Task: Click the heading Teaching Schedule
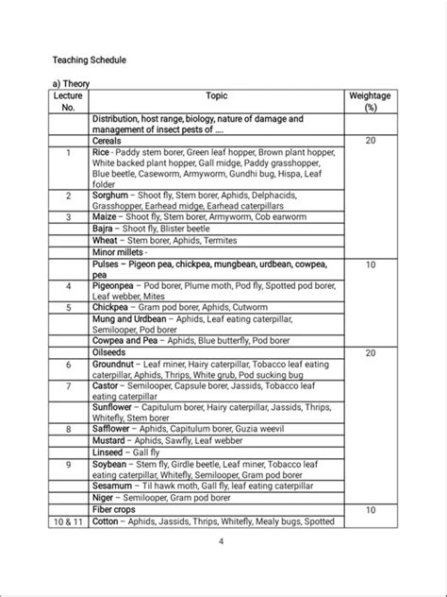pos(89,60)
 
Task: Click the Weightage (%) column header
pos(369,102)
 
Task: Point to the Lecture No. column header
pos(69,102)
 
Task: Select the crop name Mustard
pos(111,440)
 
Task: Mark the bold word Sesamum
pos(114,486)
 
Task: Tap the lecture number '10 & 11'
pos(69,520)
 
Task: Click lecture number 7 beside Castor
pos(69,385)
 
